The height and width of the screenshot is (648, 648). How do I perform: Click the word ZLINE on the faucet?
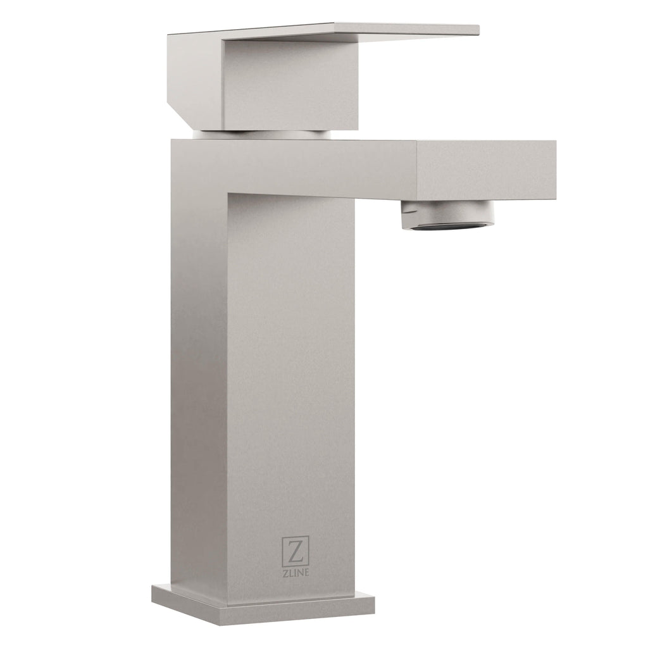pyautogui.click(x=296, y=572)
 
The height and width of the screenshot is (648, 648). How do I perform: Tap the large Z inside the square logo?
pyautogui.click(x=295, y=552)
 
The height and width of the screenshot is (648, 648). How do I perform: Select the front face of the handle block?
pyautogui.click(x=289, y=85)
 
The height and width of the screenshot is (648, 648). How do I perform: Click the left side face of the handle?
pyautogui.click(x=195, y=78)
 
